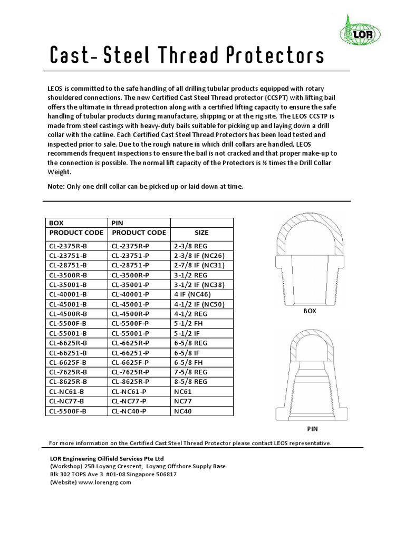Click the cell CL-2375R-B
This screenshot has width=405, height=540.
point(69,245)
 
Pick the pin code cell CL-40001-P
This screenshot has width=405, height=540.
point(131,294)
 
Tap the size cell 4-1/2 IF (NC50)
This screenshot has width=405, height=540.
point(199,304)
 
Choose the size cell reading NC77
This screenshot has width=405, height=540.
point(182,401)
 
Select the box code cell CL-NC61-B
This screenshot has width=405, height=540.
point(67,391)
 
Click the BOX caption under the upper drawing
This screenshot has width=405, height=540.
point(310,311)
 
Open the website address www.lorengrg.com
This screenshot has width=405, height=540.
point(104,482)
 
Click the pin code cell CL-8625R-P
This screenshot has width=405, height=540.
point(131,381)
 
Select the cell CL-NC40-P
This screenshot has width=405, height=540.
point(131,411)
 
